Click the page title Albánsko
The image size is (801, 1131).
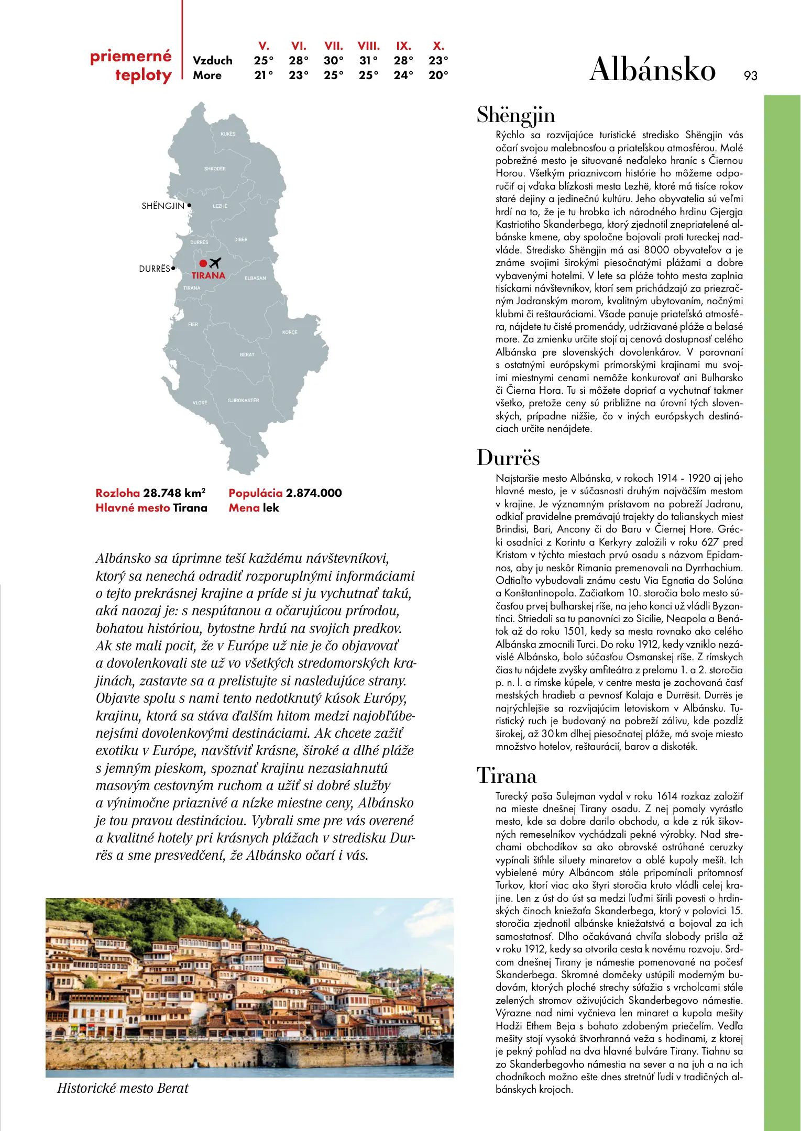tap(652, 70)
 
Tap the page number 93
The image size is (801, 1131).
tap(750, 76)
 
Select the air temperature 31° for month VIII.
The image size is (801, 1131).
tap(368, 61)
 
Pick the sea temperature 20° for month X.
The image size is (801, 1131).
tap(438, 75)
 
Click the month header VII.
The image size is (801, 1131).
tap(333, 46)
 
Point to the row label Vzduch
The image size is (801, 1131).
tap(212, 61)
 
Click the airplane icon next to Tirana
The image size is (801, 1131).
tap(215, 262)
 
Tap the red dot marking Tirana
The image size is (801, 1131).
tap(203, 263)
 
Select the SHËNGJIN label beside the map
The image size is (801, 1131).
tap(163, 206)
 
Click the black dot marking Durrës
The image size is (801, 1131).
tap(173, 269)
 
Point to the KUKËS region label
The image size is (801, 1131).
tap(228, 134)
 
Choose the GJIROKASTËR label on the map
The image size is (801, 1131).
tap(243, 401)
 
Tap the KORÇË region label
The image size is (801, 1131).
tap(290, 332)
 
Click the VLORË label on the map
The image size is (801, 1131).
tap(200, 403)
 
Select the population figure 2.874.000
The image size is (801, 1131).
tap(313, 493)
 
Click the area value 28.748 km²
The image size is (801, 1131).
tap(174, 493)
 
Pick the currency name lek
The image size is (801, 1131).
tap(271, 508)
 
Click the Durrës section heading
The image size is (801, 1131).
tap(508, 458)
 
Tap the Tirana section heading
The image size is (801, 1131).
tap(507, 776)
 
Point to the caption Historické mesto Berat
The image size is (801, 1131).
tap(123, 1089)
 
